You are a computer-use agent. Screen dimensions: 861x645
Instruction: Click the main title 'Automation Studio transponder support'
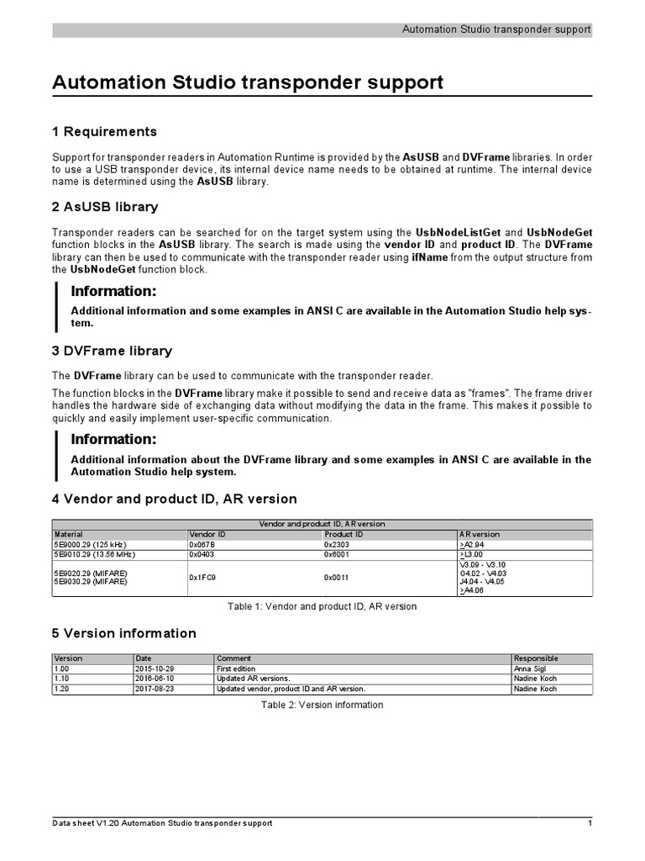coord(248,82)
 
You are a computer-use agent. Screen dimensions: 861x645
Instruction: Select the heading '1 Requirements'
coord(104,132)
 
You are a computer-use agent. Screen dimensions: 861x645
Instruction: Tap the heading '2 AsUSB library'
coord(105,207)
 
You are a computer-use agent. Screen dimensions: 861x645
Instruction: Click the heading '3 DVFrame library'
coord(112,351)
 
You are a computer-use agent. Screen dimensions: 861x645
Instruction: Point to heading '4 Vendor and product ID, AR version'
coord(174,499)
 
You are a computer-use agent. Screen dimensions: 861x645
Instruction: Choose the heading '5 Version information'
coord(124,633)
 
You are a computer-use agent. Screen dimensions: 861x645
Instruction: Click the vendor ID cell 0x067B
coord(203,545)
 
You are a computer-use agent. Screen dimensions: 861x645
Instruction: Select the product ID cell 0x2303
coord(338,545)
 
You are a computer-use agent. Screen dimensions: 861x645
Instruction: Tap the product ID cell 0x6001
coord(338,555)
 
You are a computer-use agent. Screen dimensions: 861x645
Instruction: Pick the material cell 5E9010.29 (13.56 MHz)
coord(94,555)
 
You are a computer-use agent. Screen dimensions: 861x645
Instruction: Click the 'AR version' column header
coord(480,534)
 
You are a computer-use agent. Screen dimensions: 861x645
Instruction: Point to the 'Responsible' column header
coord(536,658)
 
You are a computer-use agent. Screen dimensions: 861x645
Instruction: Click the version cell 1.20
coord(61,689)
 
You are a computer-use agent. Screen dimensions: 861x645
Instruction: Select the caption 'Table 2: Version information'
coord(322,705)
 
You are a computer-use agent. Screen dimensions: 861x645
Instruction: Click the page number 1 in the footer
coord(590,823)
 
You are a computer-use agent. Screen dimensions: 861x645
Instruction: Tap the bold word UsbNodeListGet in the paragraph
coord(459,232)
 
